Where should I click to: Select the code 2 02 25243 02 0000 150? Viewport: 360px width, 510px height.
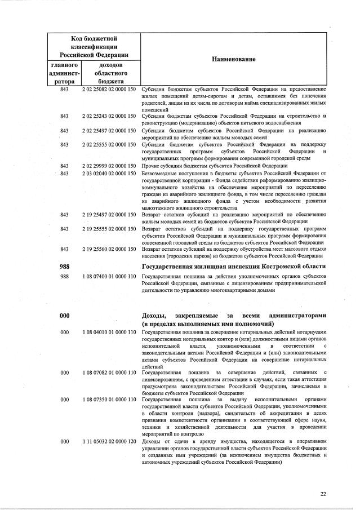(109, 116)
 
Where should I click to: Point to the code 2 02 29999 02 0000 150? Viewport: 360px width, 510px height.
(109, 166)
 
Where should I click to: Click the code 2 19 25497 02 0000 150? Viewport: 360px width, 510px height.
(109, 215)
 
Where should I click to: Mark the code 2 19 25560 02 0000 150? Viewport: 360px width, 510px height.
(109, 249)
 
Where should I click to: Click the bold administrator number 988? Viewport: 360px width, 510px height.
(65, 266)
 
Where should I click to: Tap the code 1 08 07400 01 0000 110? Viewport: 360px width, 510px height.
(109, 277)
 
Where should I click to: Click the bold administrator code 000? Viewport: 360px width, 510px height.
(65, 317)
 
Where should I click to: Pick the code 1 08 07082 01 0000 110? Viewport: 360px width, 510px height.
(109, 373)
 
